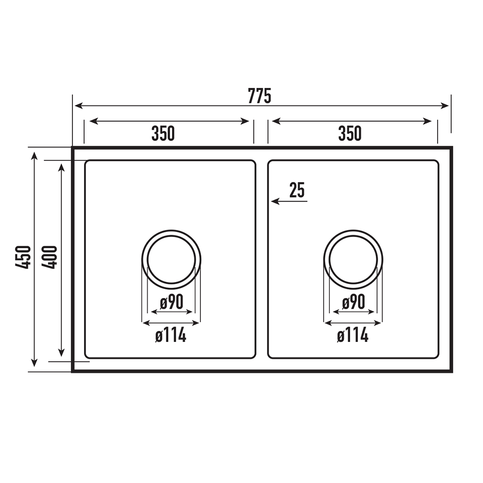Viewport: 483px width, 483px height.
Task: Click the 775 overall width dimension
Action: (259, 96)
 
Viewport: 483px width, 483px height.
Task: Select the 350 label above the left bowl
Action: (163, 134)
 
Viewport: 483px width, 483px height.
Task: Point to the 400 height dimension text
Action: (52, 257)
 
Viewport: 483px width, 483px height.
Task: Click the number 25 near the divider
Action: (297, 190)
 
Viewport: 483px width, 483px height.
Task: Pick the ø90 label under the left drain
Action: (171, 303)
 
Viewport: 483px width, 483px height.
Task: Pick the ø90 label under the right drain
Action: (353, 303)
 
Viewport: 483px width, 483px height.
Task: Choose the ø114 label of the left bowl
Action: (170, 335)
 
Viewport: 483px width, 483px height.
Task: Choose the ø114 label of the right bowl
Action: (353, 335)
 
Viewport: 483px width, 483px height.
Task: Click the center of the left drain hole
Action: (171, 260)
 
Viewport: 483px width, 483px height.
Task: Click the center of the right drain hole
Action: (354, 260)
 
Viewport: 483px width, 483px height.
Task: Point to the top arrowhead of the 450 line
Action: (34, 156)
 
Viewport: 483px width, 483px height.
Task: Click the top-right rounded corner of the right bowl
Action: (436, 163)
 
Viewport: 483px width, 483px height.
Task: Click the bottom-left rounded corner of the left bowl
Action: (87, 355)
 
